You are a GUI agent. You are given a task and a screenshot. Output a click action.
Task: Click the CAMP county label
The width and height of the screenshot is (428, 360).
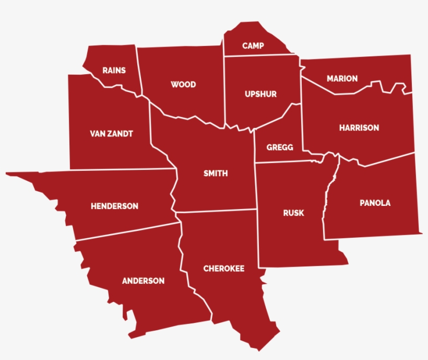[253, 46]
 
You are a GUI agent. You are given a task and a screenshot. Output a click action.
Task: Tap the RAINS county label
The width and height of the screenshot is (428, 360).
[114, 70]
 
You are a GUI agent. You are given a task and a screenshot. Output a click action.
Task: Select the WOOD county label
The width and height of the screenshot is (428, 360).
[183, 84]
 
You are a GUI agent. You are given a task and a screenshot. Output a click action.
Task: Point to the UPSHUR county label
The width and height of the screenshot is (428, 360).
[260, 94]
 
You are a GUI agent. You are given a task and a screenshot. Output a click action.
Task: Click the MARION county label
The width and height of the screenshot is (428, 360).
[342, 78]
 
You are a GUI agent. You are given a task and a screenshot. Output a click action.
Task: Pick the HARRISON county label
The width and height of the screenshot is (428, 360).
[359, 127]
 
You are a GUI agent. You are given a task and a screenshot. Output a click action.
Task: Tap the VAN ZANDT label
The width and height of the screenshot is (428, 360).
[111, 134]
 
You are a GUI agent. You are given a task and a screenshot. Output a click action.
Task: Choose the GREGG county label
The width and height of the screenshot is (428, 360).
[280, 147]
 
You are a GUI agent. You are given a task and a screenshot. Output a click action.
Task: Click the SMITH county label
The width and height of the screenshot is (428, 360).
[216, 173]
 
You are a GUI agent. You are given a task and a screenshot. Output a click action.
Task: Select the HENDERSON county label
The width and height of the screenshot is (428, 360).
[114, 206]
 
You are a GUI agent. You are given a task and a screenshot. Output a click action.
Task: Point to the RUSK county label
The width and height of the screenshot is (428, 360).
[293, 213]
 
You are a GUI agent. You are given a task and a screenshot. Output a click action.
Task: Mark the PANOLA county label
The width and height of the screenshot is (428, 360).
[375, 203]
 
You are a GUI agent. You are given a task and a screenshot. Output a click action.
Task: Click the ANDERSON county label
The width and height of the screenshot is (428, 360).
[143, 281]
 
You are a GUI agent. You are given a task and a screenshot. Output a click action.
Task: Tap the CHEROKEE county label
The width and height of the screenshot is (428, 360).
[223, 269]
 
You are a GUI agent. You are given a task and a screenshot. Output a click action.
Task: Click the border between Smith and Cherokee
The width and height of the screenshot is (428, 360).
[217, 211]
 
